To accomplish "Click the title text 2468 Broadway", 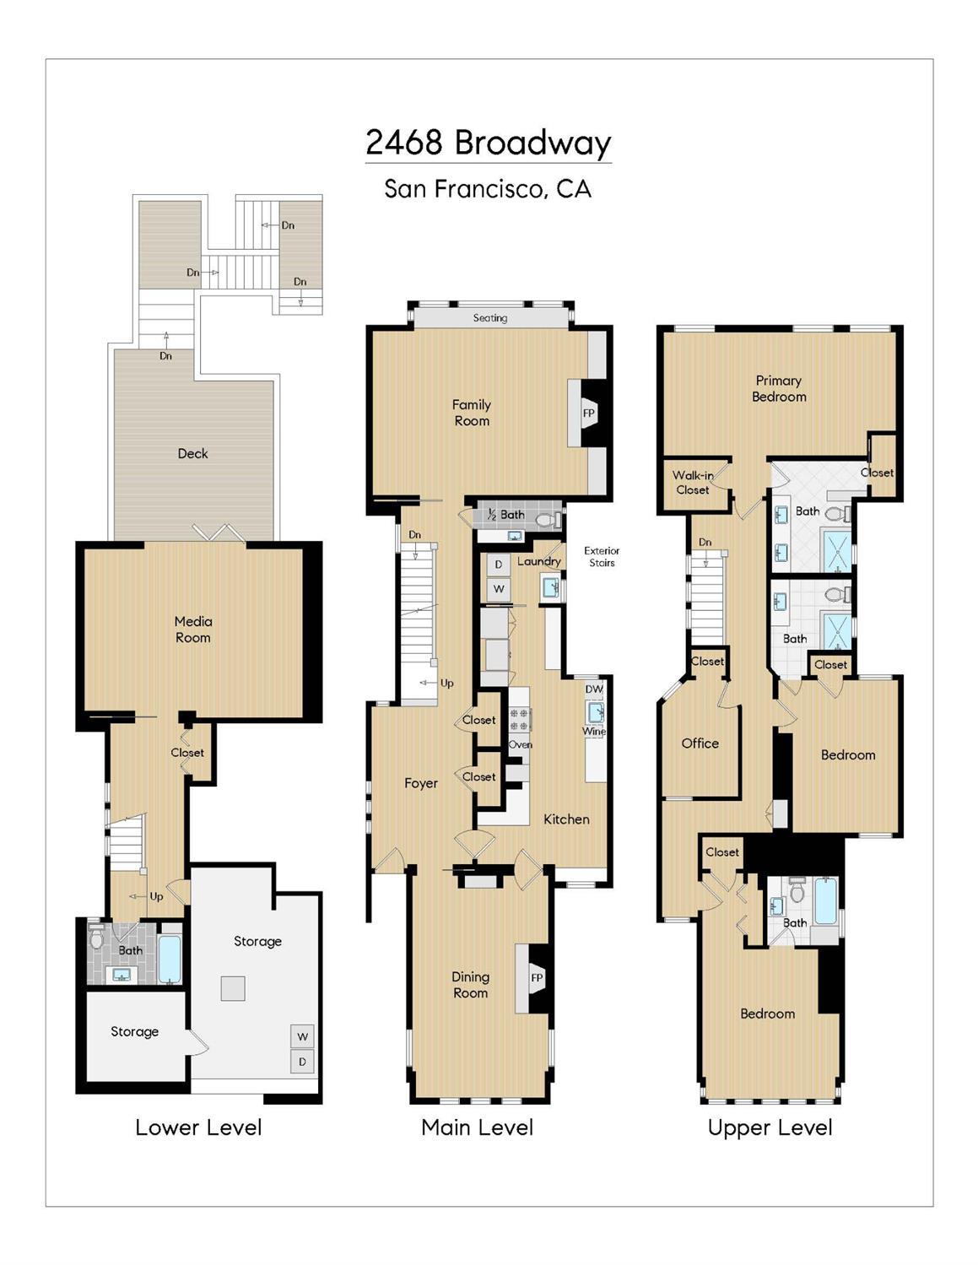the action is [x=489, y=143].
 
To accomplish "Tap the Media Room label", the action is [x=193, y=630].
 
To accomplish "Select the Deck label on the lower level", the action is [x=192, y=453].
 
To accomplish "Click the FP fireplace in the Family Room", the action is [x=589, y=413].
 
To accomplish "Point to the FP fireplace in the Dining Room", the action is [x=537, y=977].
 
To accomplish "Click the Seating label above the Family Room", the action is [x=490, y=318].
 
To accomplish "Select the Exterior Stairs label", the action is [x=602, y=556].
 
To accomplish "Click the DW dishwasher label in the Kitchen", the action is [x=594, y=689].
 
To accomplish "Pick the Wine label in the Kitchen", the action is [x=594, y=731].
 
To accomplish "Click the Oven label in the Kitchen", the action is [x=520, y=744].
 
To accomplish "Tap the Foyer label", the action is [x=421, y=784].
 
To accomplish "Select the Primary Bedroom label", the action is [x=779, y=388].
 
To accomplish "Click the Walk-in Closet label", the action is [x=693, y=483].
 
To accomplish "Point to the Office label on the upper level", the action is [x=700, y=743].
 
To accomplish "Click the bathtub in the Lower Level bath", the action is [x=170, y=959].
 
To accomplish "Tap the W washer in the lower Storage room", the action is [x=302, y=1036].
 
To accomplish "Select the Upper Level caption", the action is [x=770, y=1128].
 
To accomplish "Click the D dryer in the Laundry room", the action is [x=499, y=565].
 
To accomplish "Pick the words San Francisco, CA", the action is [x=488, y=189].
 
